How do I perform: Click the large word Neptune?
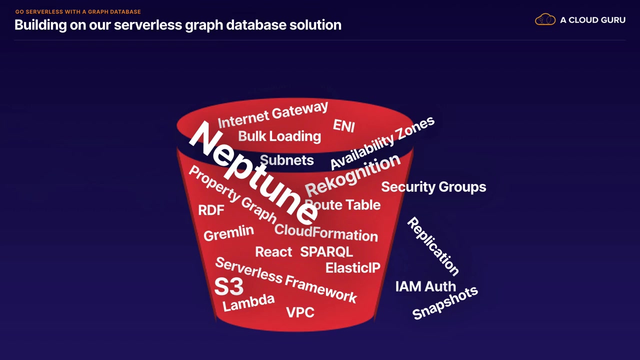tap(253, 172)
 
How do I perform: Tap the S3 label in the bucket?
tap(228, 286)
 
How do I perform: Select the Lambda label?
tap(248, 302)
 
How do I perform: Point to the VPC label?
tap(300, 312)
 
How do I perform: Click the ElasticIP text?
tap(352, 268)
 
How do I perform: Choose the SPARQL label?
tap(326, 251)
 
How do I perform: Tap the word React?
tap(273, 251)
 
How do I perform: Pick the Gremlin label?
tap(228, 233)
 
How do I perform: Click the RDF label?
tap(211, 210)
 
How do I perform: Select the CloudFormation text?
tap(326, 232)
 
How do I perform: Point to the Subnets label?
tap(287, 160)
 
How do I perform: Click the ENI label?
tap(344, 125)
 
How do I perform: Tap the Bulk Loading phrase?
tap(279, 136)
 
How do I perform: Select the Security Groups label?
tap(433, 187)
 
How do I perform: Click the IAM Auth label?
tap(425, 286)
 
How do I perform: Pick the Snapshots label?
tap(445, 302)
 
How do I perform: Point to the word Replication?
tap(433, 246)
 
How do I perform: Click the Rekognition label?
tap(353, 175)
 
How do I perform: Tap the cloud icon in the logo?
tap(545, 20)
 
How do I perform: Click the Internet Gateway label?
tap(273, 115)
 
